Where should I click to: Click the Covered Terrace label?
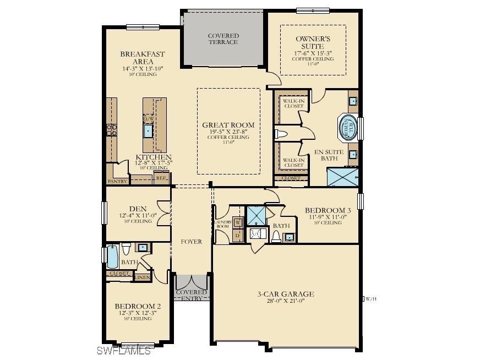click(223, 39)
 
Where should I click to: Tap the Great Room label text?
click(228, 125)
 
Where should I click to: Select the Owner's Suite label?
click(313, 43)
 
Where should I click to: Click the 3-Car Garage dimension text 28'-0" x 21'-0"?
click(285, 301)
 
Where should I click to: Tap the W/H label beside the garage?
click(370, 299)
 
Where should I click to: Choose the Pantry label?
click(117, 181)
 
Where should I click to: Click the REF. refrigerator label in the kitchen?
click(161, 178)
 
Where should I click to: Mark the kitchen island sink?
click(149, 131)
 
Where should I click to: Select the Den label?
click(137, 209)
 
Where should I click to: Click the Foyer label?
click(191, 242)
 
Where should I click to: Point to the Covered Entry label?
click(191, 295)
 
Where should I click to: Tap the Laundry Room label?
click(222, 224)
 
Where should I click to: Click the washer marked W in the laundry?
click(238, 222)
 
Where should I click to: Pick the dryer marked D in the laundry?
click(238, 235)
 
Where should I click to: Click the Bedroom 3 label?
click(328, 210)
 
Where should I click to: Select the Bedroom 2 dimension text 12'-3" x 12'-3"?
click(138, 313)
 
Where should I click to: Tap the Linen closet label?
click(143, 277)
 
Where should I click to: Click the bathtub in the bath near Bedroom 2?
click(112, 256)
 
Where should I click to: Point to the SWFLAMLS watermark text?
click(123, 351)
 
